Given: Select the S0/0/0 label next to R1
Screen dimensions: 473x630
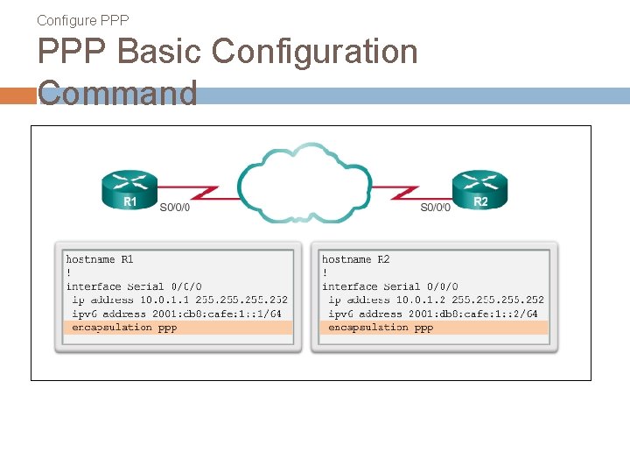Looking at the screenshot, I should point(175,208).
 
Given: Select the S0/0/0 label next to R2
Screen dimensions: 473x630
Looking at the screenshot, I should point(435,208).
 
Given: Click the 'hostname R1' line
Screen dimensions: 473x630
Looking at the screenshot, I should point(100,259).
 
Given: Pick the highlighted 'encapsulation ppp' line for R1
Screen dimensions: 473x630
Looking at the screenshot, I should point(124,328).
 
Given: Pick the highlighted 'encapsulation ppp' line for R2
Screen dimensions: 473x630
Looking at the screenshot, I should point(381,328).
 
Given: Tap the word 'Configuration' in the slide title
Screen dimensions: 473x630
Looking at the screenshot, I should point(314,53).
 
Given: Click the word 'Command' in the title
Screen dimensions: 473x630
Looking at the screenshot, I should point(118,93).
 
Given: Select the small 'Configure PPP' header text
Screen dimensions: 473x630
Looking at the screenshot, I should point(83,19).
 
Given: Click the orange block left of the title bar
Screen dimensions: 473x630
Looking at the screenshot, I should point(17,95).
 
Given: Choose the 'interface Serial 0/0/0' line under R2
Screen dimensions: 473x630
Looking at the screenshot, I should point(389,286).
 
